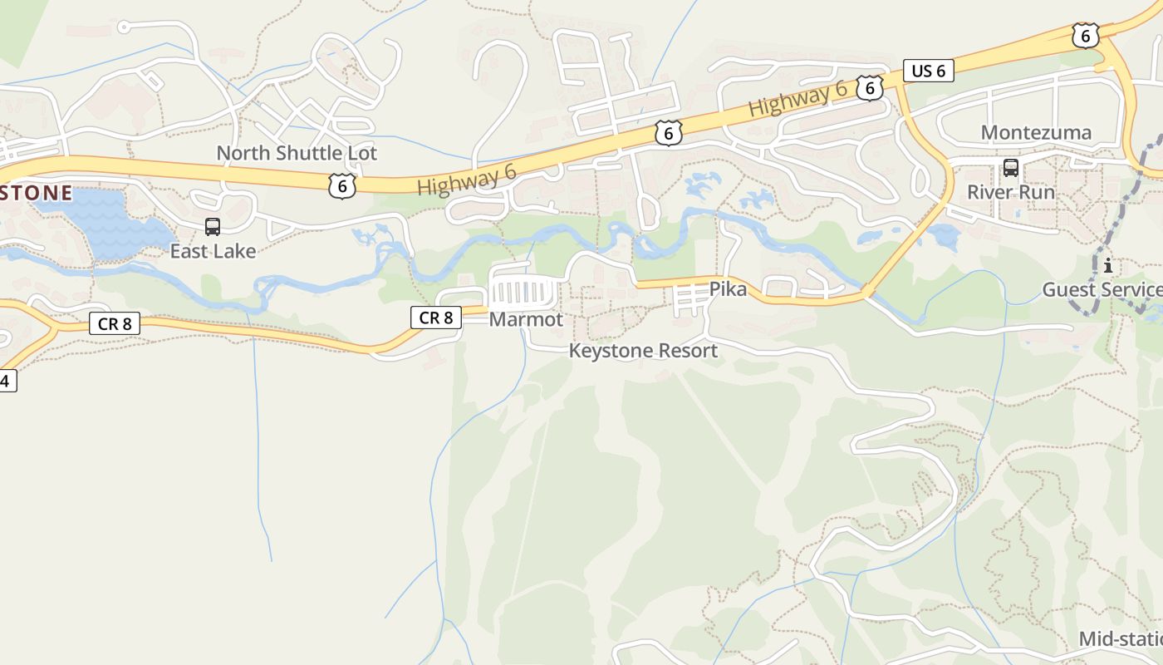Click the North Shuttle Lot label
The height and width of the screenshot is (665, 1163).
tap(297, 153)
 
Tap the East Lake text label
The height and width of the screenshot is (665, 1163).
tap(213, 251)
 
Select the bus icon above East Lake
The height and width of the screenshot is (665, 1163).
tap(213, 226)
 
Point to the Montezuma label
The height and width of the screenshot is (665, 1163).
tap(1036, 132)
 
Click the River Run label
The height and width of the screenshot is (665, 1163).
tap(1010, 192)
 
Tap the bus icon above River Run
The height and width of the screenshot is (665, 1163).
tap(1010, 168)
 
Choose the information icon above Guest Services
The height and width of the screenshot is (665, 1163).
tap(1107, 266)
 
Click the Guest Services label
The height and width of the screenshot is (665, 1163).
tap(1102, 289)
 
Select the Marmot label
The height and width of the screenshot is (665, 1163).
tap(526, 319)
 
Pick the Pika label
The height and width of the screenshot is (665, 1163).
tap(728, 289)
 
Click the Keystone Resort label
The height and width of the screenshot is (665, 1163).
tap(643, 351)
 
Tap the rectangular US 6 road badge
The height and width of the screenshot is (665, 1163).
tap(928, 71)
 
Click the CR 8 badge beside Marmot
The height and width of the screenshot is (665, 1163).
tap(435, 317)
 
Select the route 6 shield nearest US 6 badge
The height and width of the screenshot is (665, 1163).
tap(869, 87)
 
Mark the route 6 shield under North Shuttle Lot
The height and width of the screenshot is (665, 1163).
tap(341, 185)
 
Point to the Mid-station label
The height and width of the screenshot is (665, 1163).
tap(1120, 638)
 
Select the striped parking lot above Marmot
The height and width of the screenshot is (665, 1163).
tap(524, 292)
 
